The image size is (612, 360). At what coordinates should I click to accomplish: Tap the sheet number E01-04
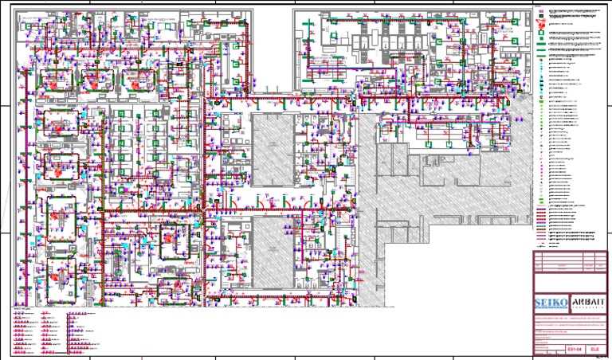(575, 349)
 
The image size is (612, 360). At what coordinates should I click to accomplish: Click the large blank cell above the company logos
(569, 284)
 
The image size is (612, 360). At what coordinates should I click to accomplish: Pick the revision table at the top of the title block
(569, 261)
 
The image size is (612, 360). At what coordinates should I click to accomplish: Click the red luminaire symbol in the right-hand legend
(541, 25)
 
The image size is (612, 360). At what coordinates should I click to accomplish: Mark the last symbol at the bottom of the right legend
(540, 245)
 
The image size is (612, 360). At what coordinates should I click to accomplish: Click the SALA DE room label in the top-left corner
(32, 16)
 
